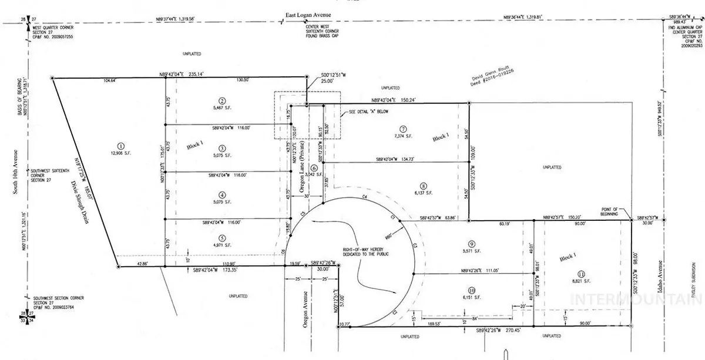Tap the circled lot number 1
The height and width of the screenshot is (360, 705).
(120, 146)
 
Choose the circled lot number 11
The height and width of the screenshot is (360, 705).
(581, 273)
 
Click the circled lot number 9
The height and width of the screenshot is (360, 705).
(471, 243)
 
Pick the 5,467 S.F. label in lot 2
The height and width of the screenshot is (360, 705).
(222, 108)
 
